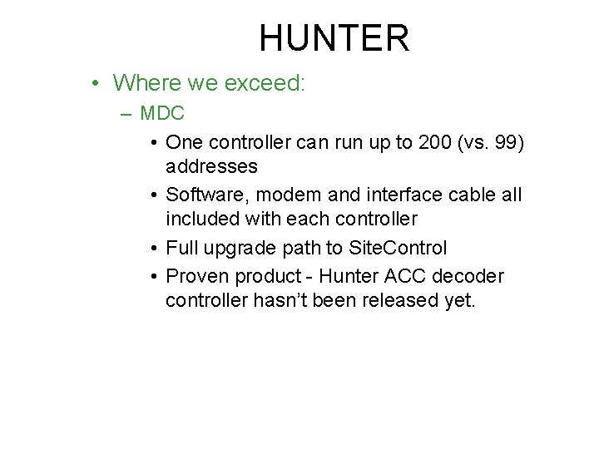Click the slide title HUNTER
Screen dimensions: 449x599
[x=334, y=38]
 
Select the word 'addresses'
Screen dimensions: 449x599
[x=211, y=166]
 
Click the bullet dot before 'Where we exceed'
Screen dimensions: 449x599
[x=97, y=84]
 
